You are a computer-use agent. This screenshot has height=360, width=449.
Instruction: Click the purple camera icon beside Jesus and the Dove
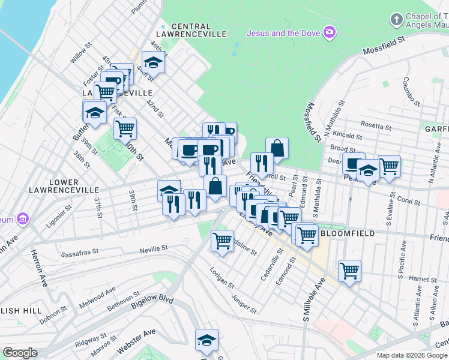click(x=328, y=32)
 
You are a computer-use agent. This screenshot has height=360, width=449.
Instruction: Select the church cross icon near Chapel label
click(x=396, y=20)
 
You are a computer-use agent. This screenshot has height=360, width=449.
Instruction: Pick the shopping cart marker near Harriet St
click(x=349, y=271)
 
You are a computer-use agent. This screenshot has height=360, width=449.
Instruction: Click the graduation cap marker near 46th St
click(x=154, y=62)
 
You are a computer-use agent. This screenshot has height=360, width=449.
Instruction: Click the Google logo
click(x=20, y=353)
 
